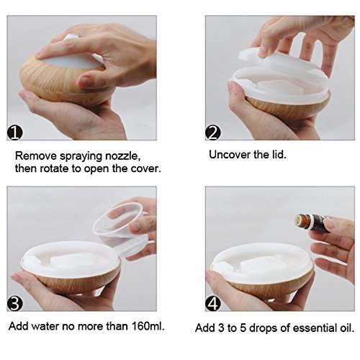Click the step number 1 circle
click(14, 133)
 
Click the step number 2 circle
click(213, 133)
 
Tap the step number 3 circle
click(14, 304)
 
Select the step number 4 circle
click(213, 304)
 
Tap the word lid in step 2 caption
click(279, 155)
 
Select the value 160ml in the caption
click(148, 326)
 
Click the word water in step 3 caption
click(45, 326)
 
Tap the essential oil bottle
click(312, 222)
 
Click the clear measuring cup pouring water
click(121, 230)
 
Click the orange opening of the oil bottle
click(298, 220)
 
